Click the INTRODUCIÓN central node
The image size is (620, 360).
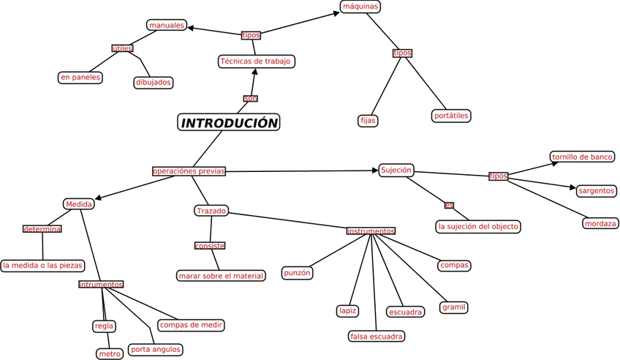[x=229, y=123]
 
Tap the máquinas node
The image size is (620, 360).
[x=360, y=7]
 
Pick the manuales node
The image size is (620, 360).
[x=167, y=26]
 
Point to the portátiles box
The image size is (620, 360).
[x=451, y=116]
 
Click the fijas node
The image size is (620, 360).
[x=368, y=120]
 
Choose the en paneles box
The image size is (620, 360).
[x=80, y=77]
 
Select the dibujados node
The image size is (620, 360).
[x=154, y=82]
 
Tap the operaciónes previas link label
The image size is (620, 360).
[x=189, y=171]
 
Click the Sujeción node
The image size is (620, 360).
[x=396, y=170]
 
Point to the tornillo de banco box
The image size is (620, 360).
[x=582, y=157]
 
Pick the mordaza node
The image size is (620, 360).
[x=600, y=223]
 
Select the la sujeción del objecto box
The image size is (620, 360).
[x=478, y=226]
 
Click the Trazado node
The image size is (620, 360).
[x=211, y=211]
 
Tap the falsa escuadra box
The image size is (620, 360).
[x=377, y=336]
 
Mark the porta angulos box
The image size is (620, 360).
[x=154, y=349]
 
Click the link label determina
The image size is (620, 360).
[x=42, y=229]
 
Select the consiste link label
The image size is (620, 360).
[x=210, y=246]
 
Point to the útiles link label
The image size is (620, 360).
[x=122, y=48]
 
